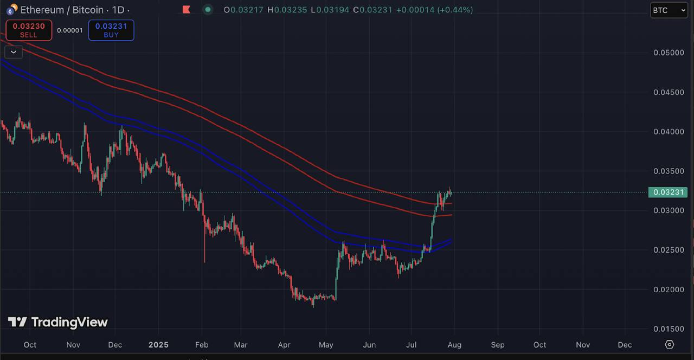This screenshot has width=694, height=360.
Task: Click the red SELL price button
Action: coord(29,30)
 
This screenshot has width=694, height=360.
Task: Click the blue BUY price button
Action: coord(111,30)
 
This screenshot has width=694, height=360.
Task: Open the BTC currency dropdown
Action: coord(669,10)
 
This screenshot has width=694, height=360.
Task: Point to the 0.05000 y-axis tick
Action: coord(669,53)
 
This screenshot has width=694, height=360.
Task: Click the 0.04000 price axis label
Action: coord(669,132)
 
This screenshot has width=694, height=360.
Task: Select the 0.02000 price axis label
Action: coord(669,290)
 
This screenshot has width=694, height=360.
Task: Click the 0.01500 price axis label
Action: coord(669,329)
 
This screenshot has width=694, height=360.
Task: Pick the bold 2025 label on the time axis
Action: coord(158,345)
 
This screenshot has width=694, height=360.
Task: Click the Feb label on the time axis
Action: coord(202,345)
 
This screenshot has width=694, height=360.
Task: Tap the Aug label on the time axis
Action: coord(454,345)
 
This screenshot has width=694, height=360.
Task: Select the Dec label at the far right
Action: coord(625,345)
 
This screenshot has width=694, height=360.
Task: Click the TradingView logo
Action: coord(57,322)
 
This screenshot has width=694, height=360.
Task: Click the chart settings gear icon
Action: coord(669,345)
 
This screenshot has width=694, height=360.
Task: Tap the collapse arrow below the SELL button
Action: coord(13,52)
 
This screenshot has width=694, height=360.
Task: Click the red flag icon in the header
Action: coord(186,10)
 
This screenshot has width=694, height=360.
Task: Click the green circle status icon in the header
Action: coord(207,10)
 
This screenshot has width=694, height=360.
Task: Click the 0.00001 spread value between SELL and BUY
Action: coord(70,30)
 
